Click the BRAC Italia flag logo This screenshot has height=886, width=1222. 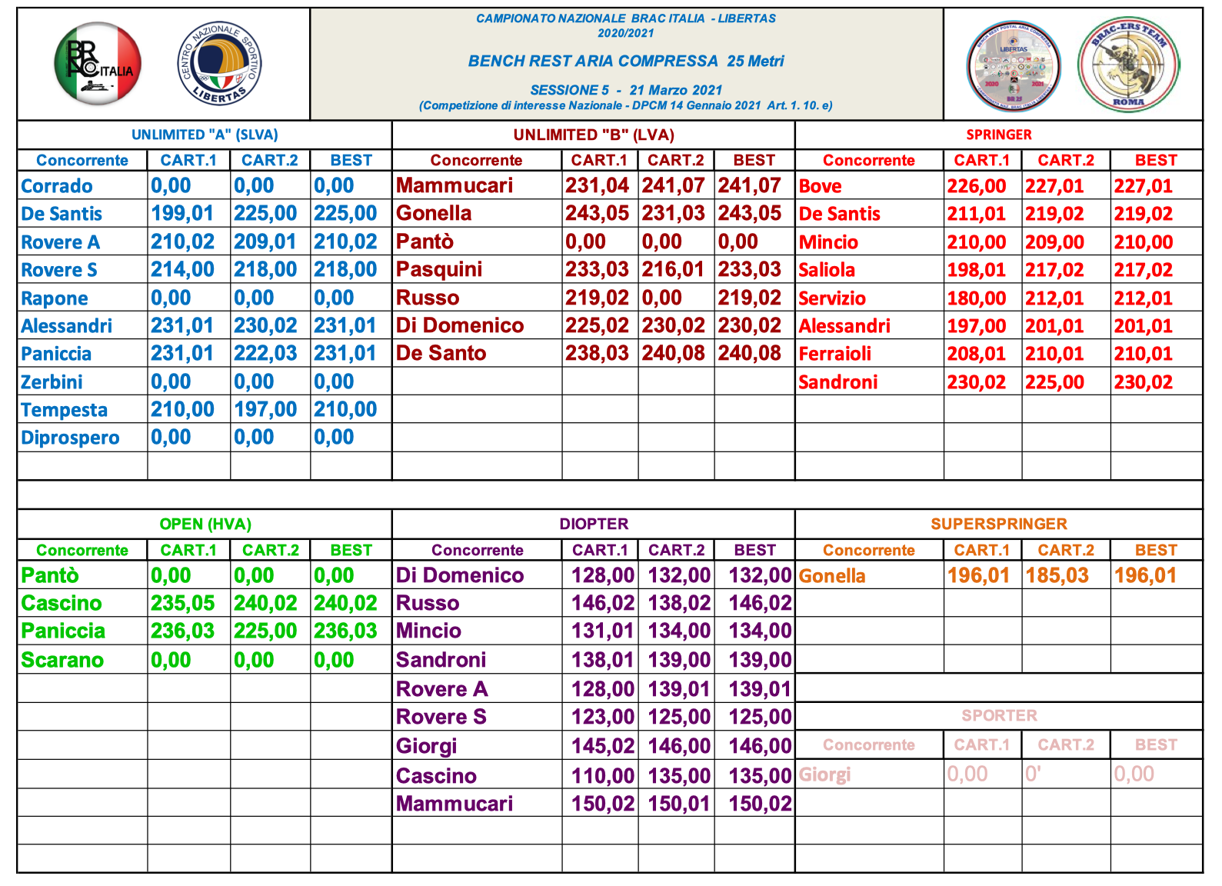point(98,64)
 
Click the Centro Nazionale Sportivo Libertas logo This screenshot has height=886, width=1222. point(220,64)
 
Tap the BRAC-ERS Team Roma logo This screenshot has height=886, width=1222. point(1128,65)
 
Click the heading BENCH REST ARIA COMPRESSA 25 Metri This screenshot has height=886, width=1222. point(626,62)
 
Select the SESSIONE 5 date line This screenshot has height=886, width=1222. point(626,90)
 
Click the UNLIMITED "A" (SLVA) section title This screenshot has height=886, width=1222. point(205,135)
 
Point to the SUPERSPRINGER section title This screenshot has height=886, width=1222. point(998,525)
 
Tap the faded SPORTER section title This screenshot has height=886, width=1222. point(998,716)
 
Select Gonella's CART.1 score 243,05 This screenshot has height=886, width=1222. point(597,213)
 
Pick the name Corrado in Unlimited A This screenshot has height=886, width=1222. point(57,186)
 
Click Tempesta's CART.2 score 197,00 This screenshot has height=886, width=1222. point(265,409)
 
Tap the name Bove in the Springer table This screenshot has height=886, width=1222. point(820,186)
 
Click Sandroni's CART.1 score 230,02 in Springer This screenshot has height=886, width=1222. point(976,382)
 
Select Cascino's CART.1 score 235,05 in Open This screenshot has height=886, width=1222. point(182,603)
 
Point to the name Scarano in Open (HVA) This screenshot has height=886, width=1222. point(62,660)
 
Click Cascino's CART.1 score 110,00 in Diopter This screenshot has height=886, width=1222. point(603,776)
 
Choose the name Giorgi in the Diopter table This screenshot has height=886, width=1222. point(427,746)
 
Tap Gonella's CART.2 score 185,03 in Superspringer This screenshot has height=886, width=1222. point(1057,575)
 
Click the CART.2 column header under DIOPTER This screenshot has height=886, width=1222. point(676,551)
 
